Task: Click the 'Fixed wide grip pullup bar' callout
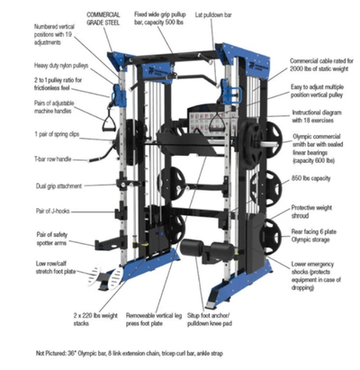[x=166, y=20]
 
